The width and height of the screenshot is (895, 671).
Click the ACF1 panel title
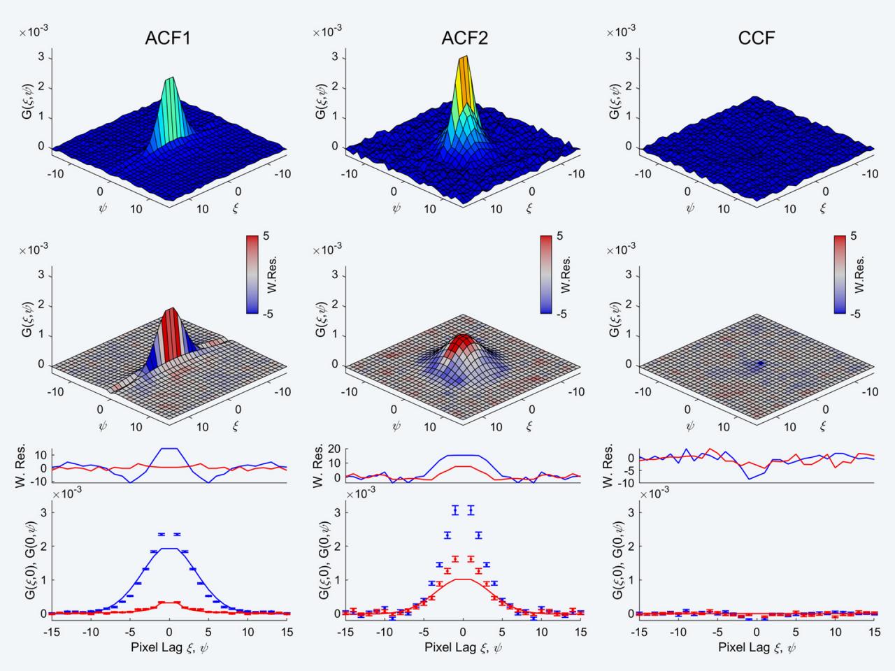[x=168, y=38]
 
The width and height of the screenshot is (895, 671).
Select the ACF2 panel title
[x=464, y=38]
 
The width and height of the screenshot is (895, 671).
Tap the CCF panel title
[x=757, y=38]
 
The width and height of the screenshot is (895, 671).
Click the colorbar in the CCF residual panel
[x=840, y=275]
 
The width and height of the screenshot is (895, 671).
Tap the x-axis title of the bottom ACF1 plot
[x=169, y=647]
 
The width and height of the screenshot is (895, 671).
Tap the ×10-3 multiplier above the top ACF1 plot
[x=34, y=31]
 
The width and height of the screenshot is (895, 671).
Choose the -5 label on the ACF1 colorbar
[x=266, y=314]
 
